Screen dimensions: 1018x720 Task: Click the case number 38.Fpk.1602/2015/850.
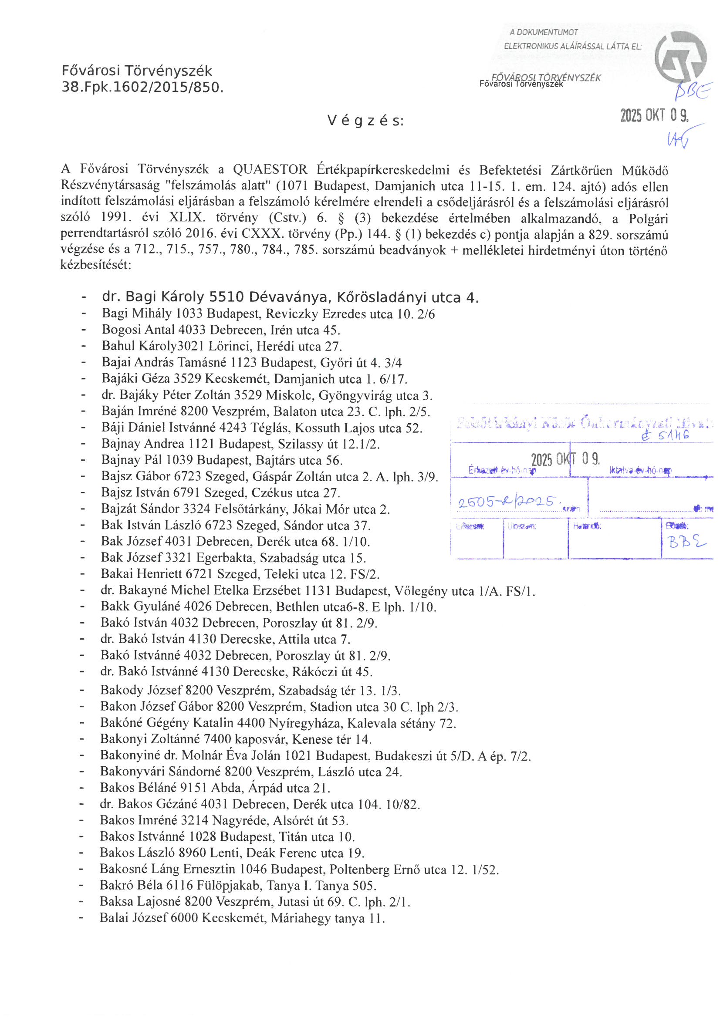[142, 88]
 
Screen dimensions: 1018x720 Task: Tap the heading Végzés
[365, 121]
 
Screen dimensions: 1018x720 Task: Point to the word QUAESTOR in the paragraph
[270, 170]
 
